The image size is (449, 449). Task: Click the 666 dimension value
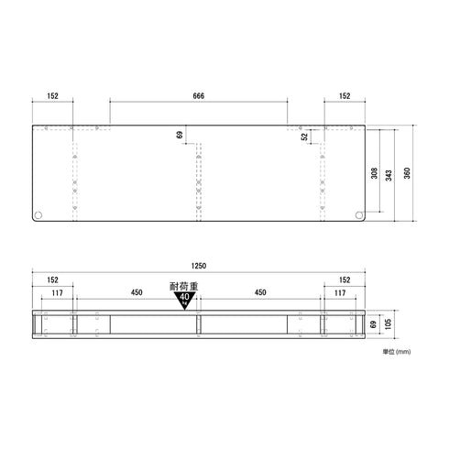(198, 96)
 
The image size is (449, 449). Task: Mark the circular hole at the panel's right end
(357, 215)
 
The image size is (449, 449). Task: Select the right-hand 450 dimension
(260, 293)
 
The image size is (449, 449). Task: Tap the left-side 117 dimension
(57, 293)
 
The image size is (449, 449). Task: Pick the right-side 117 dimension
(340, 293)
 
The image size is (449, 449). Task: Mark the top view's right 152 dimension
(344, 96)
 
